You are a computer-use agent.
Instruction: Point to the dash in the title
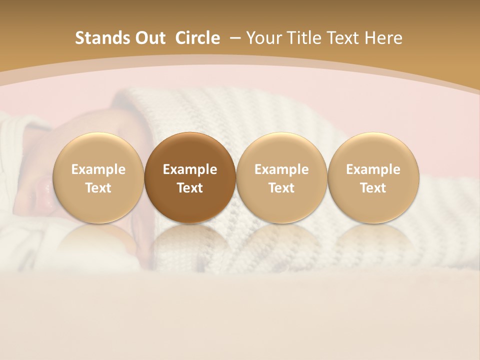pyautogui.click(x=233, y=38)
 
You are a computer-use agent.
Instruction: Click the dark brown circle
pyautogui.click(x=190, y=177)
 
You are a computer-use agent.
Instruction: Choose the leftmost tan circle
pyautogui.click(x=98, y=177)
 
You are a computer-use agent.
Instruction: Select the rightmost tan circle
pyautogui.click(x=373, y=177)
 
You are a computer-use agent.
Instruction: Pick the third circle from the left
pyautogui.click(x=281, y=177)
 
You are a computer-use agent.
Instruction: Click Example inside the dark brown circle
pyautogui.click(x=190, y=169)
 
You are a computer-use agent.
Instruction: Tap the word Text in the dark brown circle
pyautogui.click(x=190, y=188)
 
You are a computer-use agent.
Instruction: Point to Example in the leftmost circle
pyautogui.click(x=98, y=169)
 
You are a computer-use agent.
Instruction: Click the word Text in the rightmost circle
pyautogui.click(x=373, y=188)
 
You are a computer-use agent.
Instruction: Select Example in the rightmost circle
pyautogui.click(x=373, y=169)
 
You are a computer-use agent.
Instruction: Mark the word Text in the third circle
pyautogui.click(x=281, y=188)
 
